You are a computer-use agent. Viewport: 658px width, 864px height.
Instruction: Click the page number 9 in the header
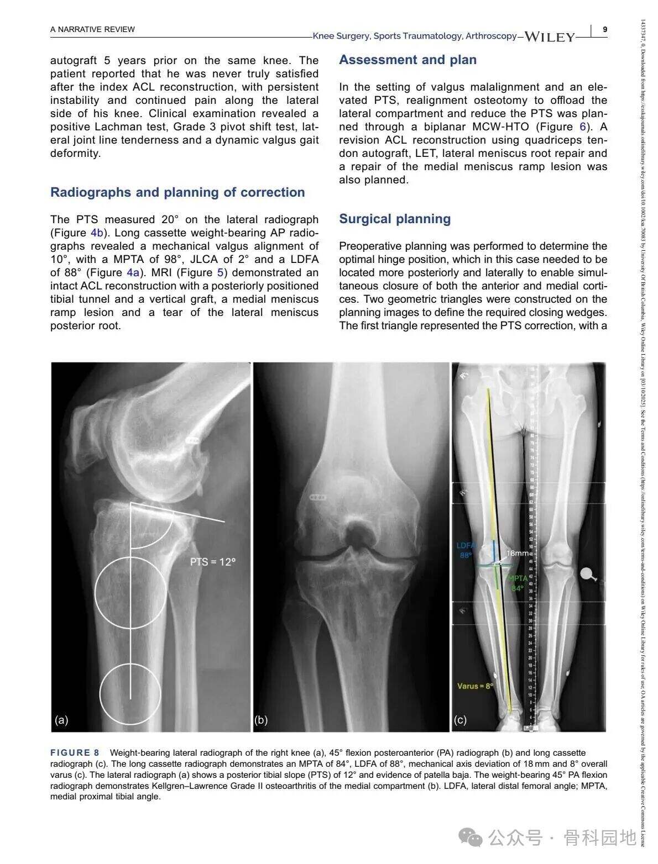(605, 29)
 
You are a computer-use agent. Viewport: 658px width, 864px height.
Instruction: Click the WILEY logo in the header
(549, 37)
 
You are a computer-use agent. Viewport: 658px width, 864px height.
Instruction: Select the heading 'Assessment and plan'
(408, 60)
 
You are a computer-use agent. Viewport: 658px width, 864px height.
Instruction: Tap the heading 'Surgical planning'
(395, 219)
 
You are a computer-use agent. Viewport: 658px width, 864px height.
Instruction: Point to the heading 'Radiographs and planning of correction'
(177, 192)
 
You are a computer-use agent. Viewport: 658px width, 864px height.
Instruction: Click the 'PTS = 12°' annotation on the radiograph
(213, 562)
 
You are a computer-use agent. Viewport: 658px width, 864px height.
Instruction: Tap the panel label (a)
(61, 719)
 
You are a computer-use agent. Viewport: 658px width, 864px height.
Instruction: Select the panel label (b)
(261, 719)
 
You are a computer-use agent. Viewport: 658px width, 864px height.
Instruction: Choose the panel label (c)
(460, 719)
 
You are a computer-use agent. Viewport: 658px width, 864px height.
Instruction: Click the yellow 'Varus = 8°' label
(474, 686)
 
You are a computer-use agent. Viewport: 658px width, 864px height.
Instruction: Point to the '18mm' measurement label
(518, 553)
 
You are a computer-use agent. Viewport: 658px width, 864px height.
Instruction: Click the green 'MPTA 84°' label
(518, 583)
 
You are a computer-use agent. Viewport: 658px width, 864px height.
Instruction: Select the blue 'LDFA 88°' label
(467, 550)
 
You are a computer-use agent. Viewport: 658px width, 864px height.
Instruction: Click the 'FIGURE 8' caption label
(75, 752)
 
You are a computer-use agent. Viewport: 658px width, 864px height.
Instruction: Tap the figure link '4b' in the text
(97, 233)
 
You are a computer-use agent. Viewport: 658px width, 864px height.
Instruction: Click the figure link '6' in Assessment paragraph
(582, 127)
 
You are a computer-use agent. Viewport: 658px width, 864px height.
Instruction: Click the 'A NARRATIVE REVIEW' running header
(92, 29)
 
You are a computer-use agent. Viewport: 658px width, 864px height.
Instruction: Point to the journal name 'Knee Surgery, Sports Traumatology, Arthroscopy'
(415, 36)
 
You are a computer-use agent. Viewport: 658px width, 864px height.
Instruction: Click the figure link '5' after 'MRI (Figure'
(220, 272)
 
